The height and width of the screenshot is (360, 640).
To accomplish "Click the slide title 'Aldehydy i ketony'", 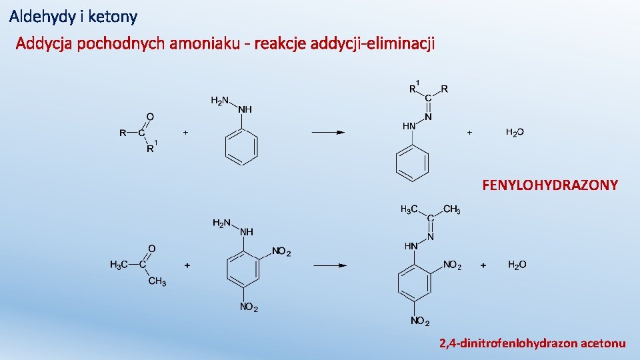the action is point(73,15).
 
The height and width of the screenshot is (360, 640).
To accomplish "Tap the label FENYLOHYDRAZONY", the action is point(549,185).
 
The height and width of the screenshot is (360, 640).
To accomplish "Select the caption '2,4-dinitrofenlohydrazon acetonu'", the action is point(532,343).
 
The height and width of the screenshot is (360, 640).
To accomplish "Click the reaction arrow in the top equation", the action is point(328,133).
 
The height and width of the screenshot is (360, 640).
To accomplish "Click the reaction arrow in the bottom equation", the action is point(329,265).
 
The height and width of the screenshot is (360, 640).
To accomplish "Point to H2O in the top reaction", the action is point(515,133).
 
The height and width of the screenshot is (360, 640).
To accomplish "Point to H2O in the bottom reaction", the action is point(517,265).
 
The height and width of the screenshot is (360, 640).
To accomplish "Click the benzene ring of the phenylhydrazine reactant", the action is point(241,147).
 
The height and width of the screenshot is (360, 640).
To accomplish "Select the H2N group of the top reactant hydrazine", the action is point(219,101).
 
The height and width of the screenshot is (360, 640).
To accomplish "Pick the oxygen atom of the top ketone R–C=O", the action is point(150,117).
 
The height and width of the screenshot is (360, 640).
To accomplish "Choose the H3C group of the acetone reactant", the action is point(119,265).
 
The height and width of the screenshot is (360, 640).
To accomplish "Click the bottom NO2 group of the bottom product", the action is point(420,322).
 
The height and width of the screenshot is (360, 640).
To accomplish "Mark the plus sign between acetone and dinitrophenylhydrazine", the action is point(187,265).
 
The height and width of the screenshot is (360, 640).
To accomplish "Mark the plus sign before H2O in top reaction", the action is point(469,133).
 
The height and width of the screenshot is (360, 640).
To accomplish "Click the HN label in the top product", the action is point(409,125).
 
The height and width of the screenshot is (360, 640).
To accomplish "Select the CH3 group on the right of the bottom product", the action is point(451,209).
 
